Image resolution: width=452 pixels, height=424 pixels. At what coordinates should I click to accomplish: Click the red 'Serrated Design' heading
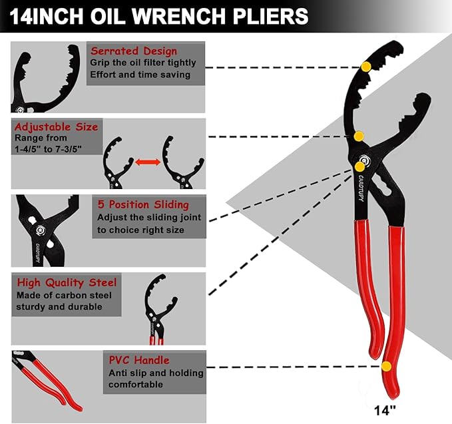[134, 51]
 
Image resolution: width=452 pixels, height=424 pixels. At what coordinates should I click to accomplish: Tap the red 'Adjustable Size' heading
[57, 126]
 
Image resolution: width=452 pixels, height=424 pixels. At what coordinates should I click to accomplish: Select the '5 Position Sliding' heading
[143, 204]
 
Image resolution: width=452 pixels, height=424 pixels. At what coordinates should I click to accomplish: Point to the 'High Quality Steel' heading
[67, 282]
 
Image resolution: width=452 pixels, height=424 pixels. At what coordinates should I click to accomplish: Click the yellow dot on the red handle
[386, 366]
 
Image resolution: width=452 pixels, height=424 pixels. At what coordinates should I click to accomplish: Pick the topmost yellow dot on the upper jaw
[365, 66]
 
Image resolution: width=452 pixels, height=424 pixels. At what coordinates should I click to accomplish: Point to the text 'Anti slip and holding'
[156, 373]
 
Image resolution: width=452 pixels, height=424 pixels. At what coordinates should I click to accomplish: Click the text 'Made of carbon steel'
[64, 295]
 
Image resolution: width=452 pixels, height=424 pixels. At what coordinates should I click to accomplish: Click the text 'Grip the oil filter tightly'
[144, 63]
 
